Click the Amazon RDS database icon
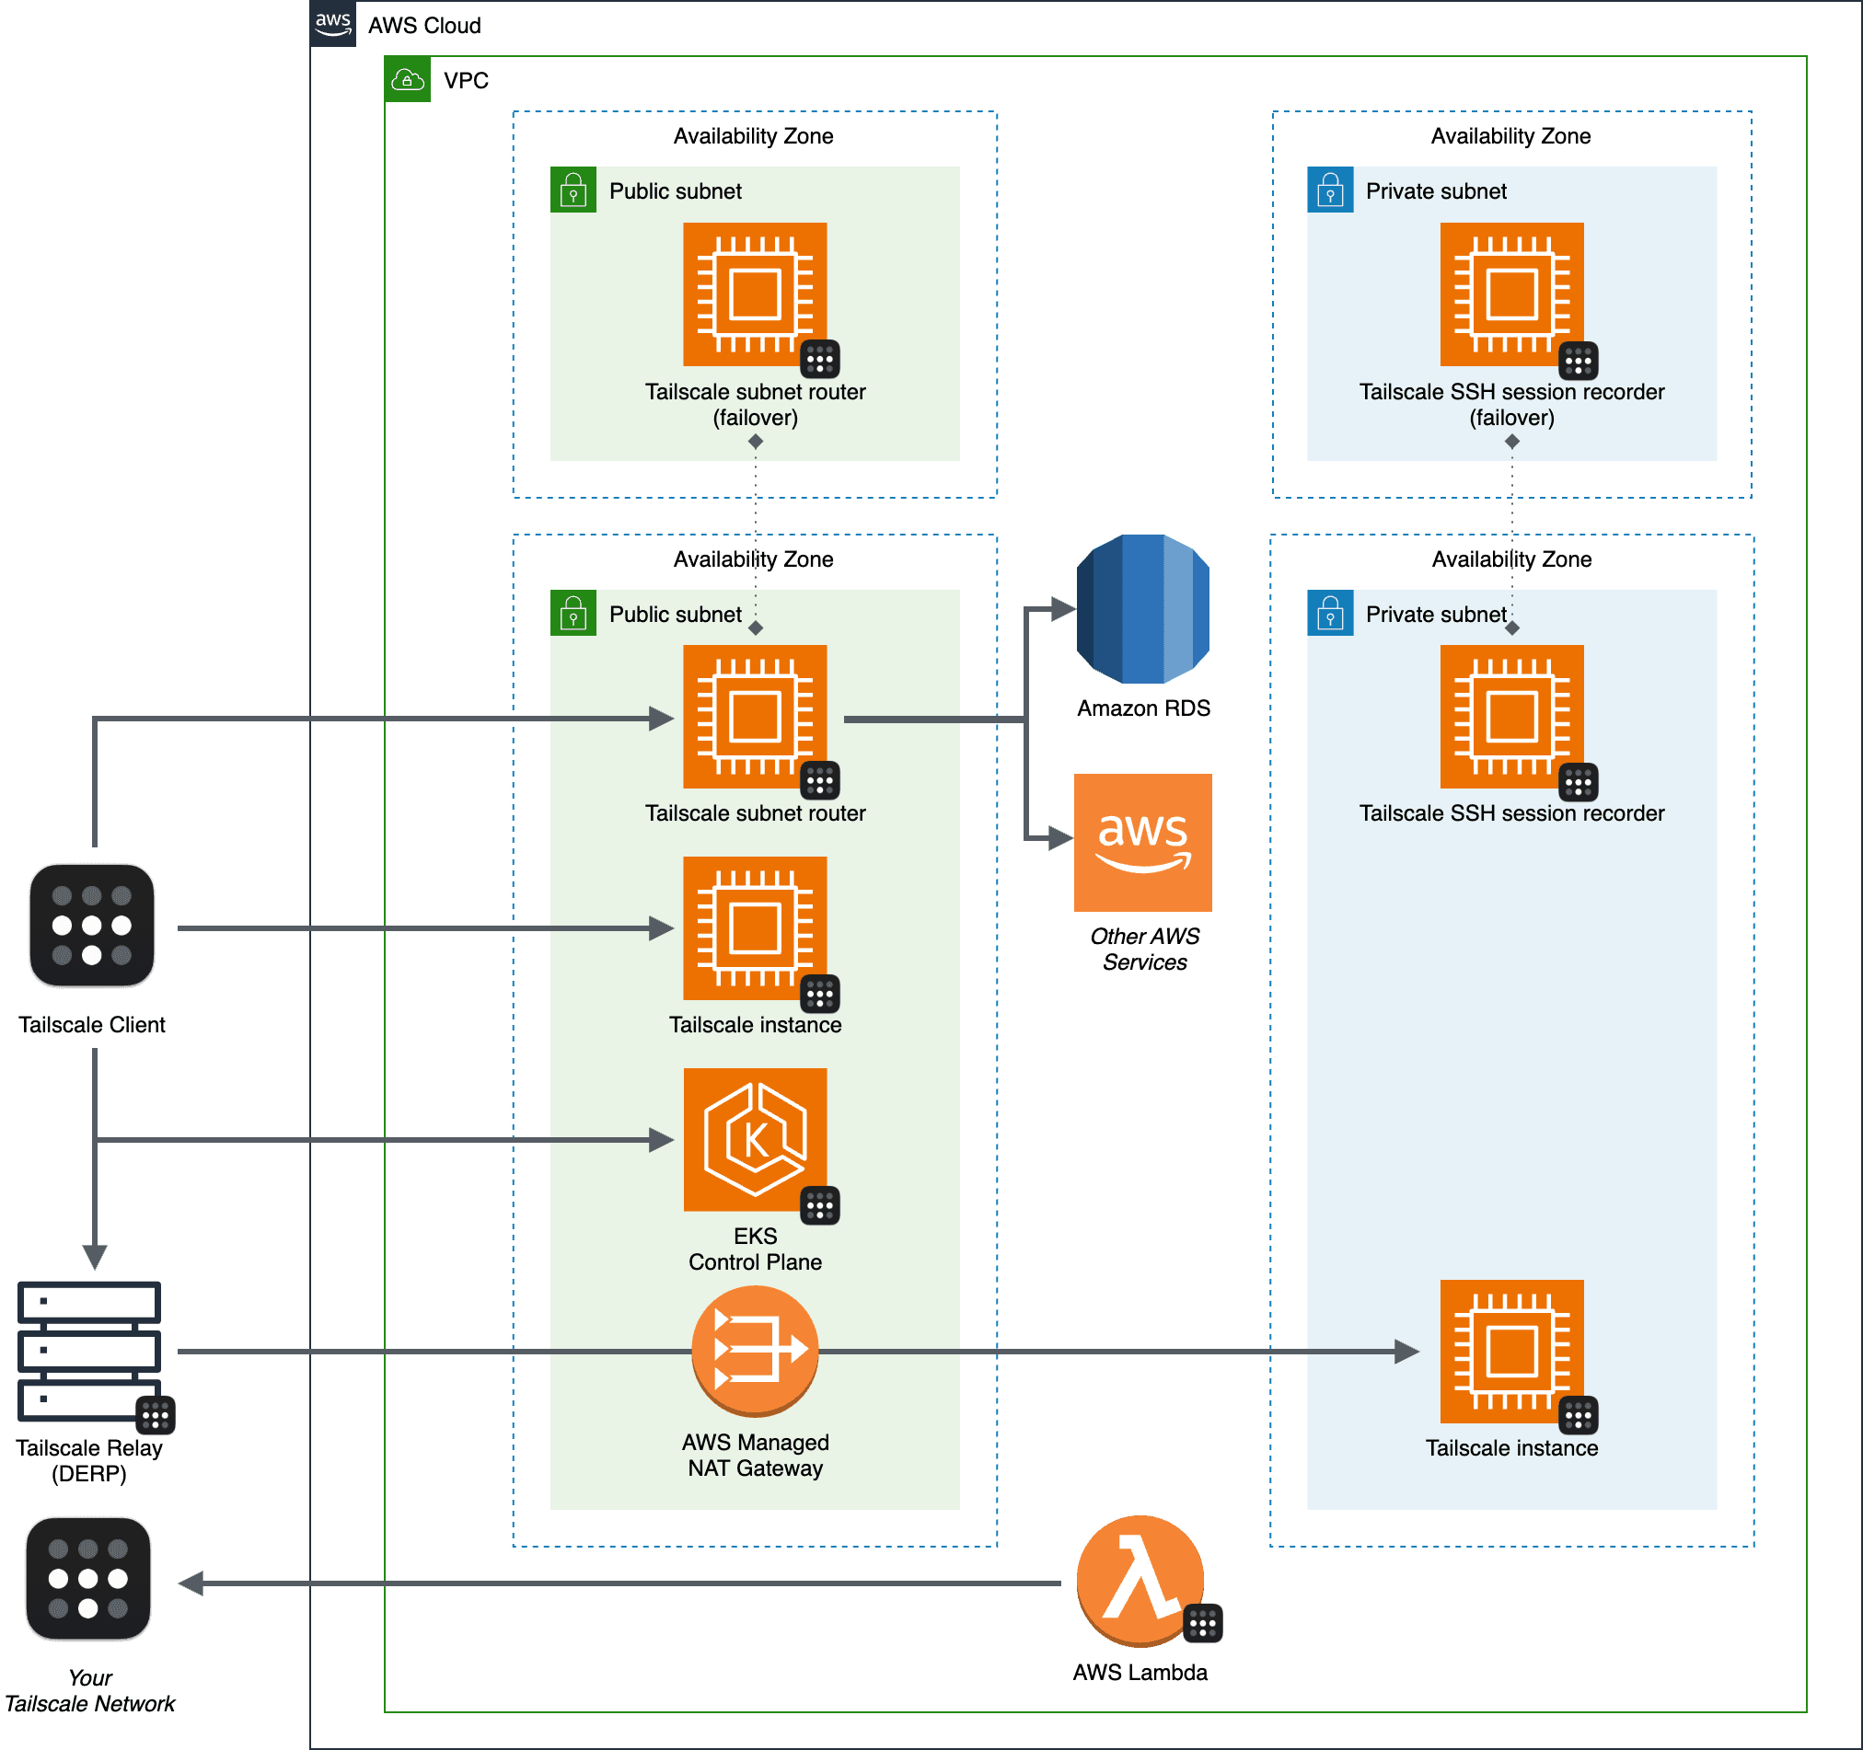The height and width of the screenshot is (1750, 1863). (1143, 608)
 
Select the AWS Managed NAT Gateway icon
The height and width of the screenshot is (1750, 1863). (755, 1350)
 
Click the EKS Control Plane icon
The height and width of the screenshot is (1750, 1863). (755, 1139)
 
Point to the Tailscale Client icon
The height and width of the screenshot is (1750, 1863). (92, 926)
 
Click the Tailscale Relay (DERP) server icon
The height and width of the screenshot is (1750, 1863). (89, 1350)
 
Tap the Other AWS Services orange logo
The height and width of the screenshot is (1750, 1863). (1142, 842)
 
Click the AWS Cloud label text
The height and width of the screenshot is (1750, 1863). (424, 25)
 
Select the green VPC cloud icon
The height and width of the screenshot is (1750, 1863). (408, 80)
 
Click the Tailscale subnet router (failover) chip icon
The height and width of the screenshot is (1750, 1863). (755, 294)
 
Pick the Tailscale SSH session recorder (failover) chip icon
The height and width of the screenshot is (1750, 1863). (1511, 294)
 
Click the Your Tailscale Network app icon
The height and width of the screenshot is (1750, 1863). (88, 1579)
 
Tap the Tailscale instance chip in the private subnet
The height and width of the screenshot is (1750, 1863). (1511, 1350)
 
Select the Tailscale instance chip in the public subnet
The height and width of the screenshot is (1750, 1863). (755, 927)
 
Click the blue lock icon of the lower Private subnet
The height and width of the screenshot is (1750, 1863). (1330, 613)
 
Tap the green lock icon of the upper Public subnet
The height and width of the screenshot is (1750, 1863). (573, 190)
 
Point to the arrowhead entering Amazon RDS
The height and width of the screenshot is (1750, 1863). (1063, 609)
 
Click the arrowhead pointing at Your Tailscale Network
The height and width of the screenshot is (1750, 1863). (191, 1583)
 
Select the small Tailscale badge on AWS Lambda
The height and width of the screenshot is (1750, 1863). (1202, 1624)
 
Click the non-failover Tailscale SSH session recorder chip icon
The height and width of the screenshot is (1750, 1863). (1511, 716)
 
